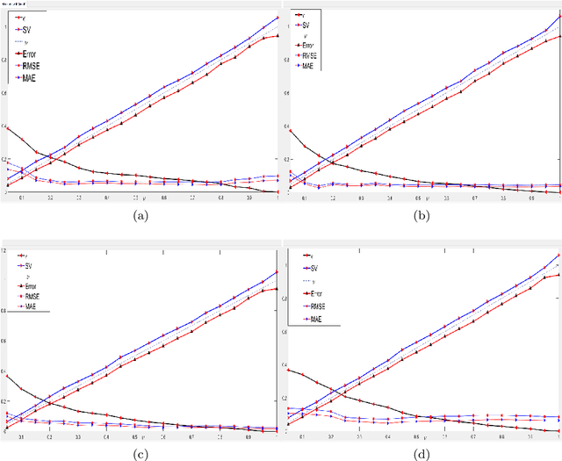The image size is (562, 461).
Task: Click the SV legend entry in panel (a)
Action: coord(26,30)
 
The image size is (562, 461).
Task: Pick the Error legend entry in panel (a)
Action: coord(29,54)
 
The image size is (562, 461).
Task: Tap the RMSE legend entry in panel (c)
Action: coord(29,297)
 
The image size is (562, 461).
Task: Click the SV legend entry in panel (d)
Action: coord(310,267)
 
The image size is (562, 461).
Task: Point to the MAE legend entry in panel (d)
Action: coord(312,320)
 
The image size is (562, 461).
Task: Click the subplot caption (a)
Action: coord(140,214)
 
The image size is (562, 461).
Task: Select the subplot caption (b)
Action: coord(421,214)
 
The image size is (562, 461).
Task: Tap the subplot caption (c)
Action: coord(140,454)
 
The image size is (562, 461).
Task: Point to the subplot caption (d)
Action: coord(421,454)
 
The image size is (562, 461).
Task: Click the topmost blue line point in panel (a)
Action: coord(277,18)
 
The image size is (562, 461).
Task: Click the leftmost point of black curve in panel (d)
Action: coord(289,370)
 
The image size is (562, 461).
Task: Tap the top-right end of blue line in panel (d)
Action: coord(558,256)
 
